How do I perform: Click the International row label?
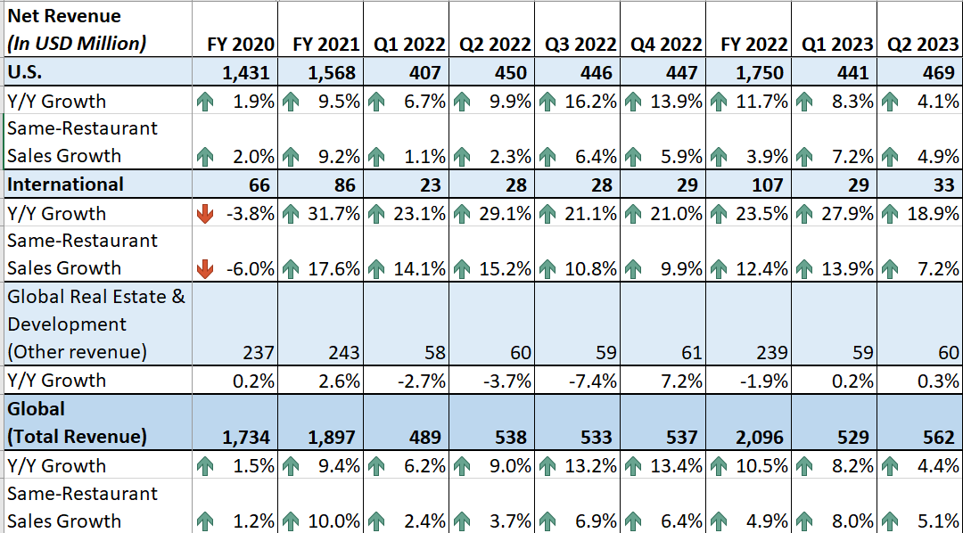(65, 184)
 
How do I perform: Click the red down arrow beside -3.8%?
(205, 214)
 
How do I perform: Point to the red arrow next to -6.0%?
(205, 268)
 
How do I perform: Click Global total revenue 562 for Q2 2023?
(941, 437)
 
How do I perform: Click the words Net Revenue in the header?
(63, 16)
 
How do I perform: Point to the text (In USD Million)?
(77, 44)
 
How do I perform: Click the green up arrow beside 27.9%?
(804, 214)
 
